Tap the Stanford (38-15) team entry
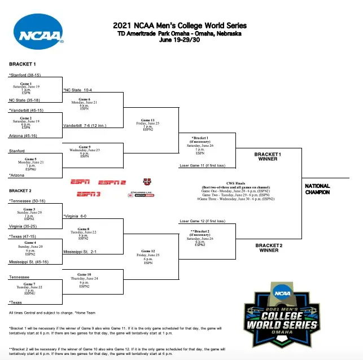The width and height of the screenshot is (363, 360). pyautogui.click(x=25, y=75)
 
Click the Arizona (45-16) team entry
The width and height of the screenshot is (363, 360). pyautogui.click(x=24, y=135)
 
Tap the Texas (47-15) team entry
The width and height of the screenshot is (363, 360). pyautogui.click(x=24, y=236)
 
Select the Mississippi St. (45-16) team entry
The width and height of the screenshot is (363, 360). pyautogui.click(x=29, y=262)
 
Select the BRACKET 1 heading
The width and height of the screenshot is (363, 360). pyautogui.click(x=23, y=64)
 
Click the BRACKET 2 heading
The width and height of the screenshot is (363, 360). pyautogui.click(x=23, y=191)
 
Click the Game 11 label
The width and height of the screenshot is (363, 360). pyautogui.click(x=148, y=120)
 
